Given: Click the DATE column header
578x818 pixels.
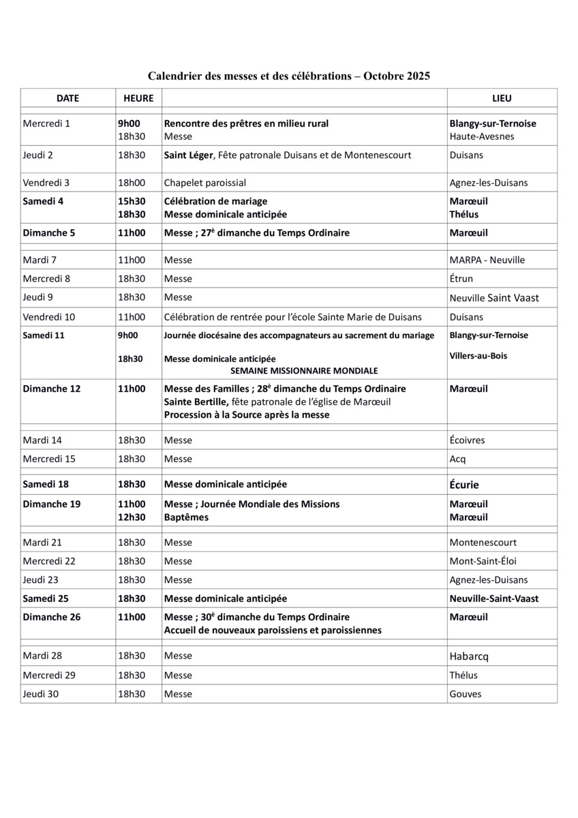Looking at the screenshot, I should click(67, 98).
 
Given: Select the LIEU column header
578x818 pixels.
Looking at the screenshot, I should click(502, 98).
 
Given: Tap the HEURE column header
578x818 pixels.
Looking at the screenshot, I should click(138, 98).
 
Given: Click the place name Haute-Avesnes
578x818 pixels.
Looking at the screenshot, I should click(482, 136).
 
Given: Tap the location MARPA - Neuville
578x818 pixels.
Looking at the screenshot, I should click(487, 260).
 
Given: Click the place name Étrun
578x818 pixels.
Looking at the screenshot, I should click(461, 279).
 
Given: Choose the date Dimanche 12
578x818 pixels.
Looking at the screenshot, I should click(52, 389).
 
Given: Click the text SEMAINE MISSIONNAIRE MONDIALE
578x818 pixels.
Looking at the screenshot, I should click(304, 371).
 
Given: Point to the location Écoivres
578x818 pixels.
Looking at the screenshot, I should click(468, 440).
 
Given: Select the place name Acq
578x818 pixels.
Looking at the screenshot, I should click(458, 459).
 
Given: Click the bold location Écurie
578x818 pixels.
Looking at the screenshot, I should click(464, 485).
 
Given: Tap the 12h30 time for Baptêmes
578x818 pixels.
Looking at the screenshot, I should click(132, 517).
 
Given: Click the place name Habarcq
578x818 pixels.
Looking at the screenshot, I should click(469, 656).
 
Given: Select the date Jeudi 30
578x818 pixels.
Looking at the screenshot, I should click(42, 694).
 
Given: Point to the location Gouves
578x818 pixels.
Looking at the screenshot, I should click(466, 694).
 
